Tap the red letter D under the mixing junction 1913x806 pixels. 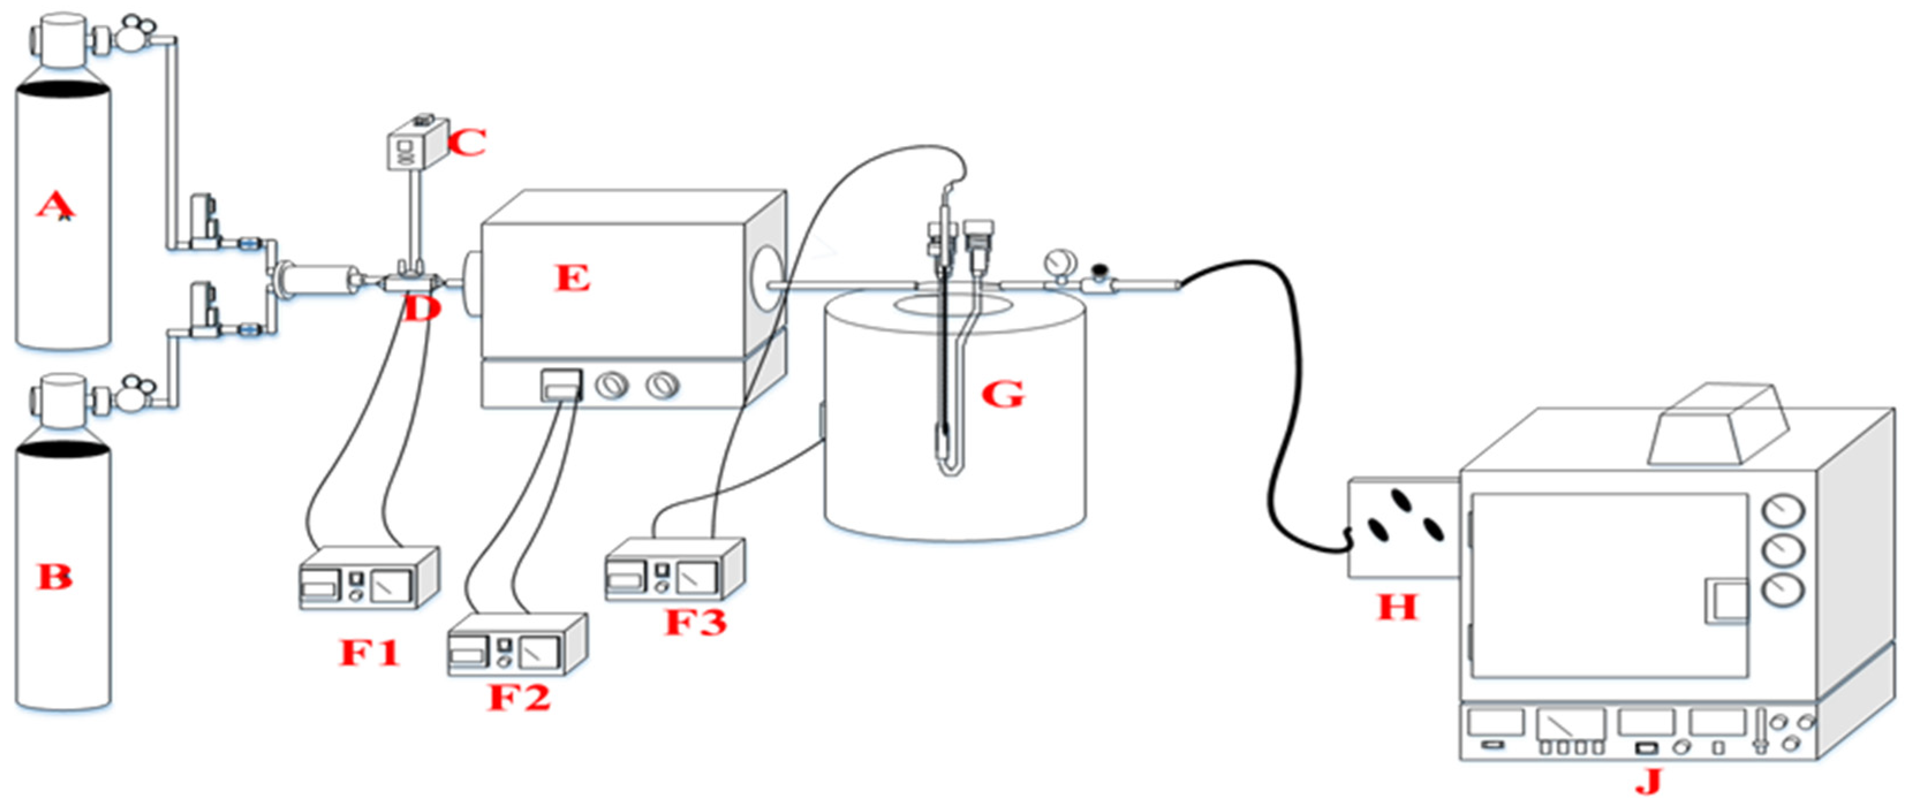[x=420, y=310]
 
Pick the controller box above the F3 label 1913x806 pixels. [x=674, y=571]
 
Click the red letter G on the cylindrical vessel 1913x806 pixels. [x=1002, y=394]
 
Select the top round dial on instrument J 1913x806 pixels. [x=1782, y=511]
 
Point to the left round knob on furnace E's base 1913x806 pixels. [x=612, y=385]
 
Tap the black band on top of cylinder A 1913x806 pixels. [x=63, y=90]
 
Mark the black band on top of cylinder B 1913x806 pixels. [x=63, y=448]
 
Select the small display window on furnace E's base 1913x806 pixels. [x=561, y=385]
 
